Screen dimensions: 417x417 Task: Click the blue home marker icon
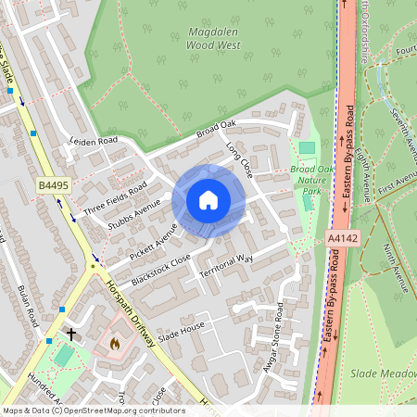pyautogui.click(x=208, y=199)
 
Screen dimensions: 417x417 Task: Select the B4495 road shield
pyautogui.click(x=53, y=186)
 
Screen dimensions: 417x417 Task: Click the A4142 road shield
pyautogui.click(x=342, y=238)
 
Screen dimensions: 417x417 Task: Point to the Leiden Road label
pyautogui.click(x=94, y=142)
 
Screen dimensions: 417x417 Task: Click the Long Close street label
pyautogui.click(x=239, y=158)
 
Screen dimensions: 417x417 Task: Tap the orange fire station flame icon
pyautogui.click(x=114, y=343)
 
